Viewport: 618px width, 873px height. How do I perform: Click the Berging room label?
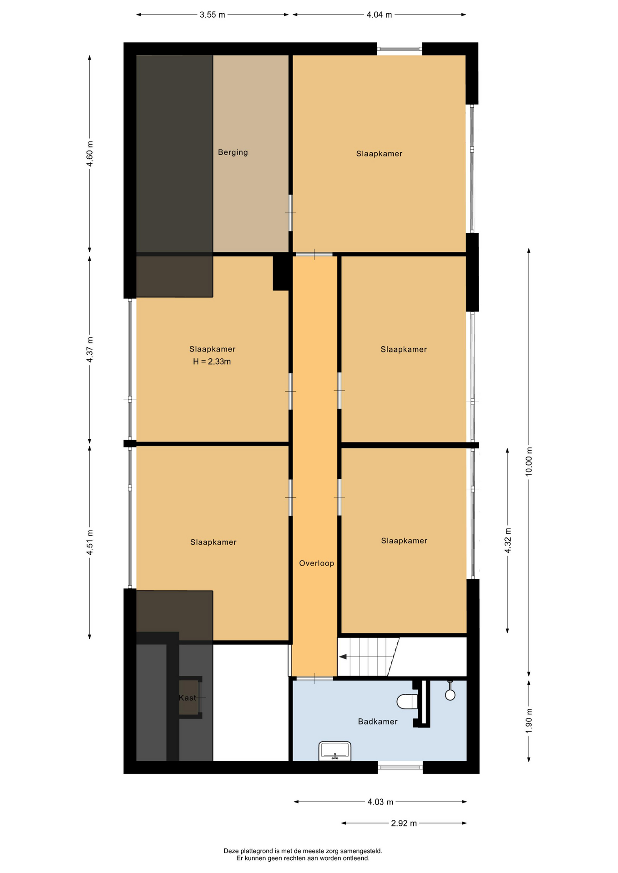coord(233,152)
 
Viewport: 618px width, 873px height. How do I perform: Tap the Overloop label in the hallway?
coord(316,563)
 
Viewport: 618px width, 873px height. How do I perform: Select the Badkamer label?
coord(377,722)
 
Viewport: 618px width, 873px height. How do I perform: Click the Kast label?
coord(187,698)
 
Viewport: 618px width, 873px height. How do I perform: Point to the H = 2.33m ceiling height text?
coord(212,362)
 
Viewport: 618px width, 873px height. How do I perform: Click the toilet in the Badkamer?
coord(407,701)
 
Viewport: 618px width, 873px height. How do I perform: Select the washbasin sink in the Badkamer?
coord(335,751)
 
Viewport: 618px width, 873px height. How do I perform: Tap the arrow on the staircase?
coord(343,657)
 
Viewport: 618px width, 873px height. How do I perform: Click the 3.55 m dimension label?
coord(212,15)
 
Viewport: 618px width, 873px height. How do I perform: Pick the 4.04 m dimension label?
coord(379,15)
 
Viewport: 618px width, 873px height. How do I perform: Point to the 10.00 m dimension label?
coord(529,462)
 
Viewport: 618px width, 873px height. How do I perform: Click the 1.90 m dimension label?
coord(529,721)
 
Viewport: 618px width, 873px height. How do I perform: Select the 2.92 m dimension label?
coord(404,823)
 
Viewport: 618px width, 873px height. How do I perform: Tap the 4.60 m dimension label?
coord(90,154)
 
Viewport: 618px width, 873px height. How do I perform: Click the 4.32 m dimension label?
coord(508,541)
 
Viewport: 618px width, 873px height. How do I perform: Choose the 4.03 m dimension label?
coord(380,802)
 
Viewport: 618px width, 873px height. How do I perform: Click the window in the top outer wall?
coord(400,49)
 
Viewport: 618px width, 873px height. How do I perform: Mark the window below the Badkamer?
coord(400,768)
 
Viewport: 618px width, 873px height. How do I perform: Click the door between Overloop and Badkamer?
coord(314,679)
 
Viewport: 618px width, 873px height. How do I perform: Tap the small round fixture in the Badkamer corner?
coord(450,695)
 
